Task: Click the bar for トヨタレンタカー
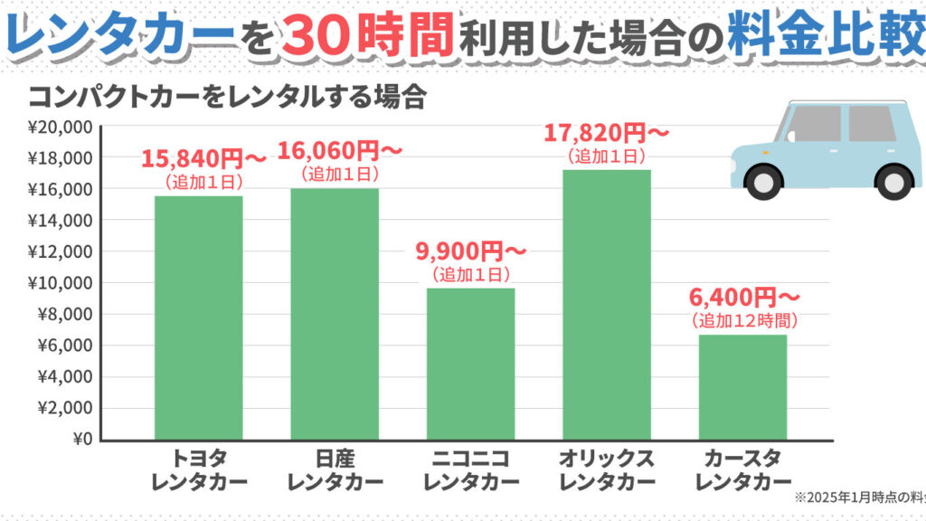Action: point(198,317)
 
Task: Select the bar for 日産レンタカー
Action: point(335,314)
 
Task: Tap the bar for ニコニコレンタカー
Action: point(470,364)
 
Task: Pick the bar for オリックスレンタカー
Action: point(606,305)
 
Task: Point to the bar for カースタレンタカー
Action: point(742,387)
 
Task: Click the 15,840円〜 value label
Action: point(203,160)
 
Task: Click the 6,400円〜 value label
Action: point(744,298)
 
